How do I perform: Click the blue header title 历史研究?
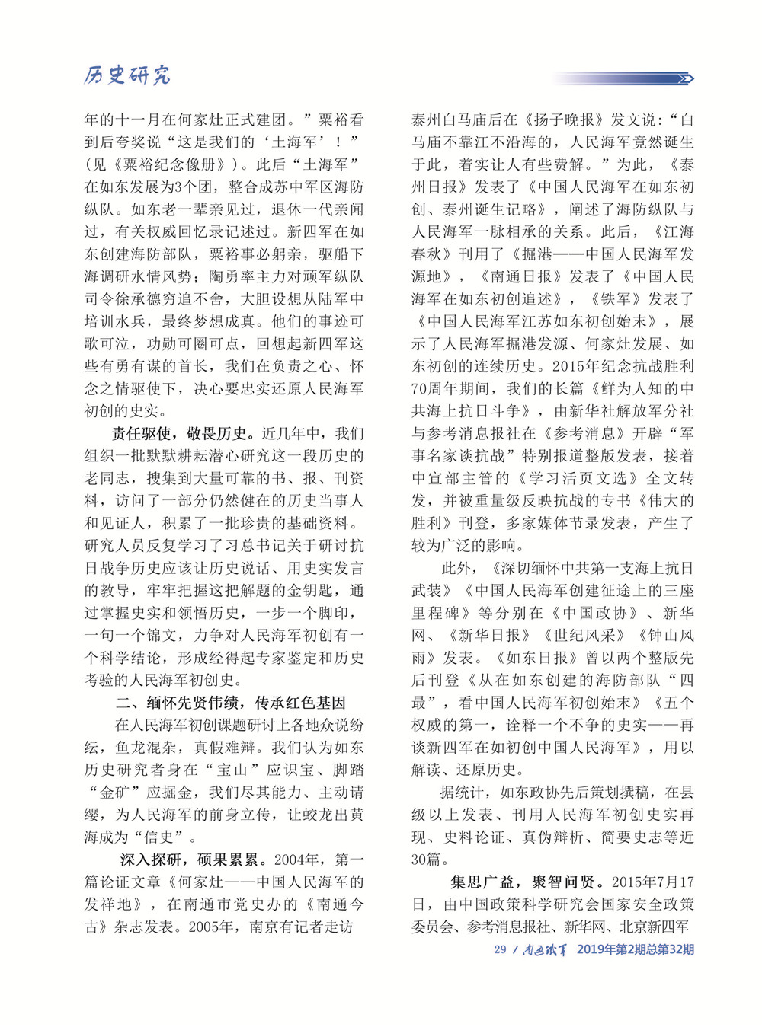127,75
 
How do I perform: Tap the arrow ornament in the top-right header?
684,78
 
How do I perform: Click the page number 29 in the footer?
500,949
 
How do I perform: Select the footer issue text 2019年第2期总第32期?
635,949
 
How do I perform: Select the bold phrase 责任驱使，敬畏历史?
180,433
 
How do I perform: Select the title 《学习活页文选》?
576,478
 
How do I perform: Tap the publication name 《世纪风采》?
584,635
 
